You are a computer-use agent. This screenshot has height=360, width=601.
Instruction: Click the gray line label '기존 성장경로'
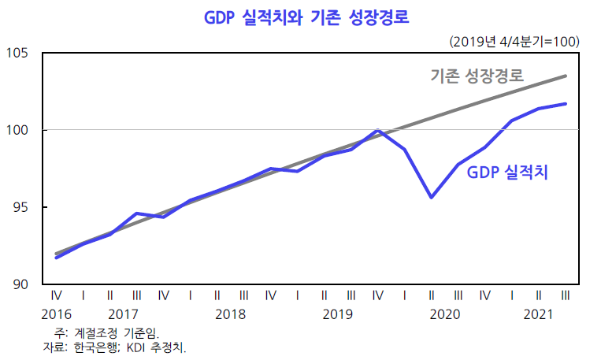478,76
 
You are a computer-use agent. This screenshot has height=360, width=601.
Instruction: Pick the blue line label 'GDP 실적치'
507,173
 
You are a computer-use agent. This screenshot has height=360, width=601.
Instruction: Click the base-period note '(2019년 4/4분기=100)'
514,40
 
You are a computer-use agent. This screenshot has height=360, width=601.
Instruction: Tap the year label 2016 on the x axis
57,314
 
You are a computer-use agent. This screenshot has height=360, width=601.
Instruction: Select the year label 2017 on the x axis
124,314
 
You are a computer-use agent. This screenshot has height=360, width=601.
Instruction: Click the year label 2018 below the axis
230,314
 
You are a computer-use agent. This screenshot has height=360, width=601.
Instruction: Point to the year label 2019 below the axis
337,314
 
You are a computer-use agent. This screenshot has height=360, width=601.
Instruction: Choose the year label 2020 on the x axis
444,314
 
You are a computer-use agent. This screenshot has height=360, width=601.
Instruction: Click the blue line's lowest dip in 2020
431,197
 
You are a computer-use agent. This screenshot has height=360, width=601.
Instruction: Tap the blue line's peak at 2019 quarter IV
378,131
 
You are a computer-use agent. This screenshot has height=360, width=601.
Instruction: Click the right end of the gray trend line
566,76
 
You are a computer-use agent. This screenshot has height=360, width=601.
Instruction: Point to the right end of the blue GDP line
566,104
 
